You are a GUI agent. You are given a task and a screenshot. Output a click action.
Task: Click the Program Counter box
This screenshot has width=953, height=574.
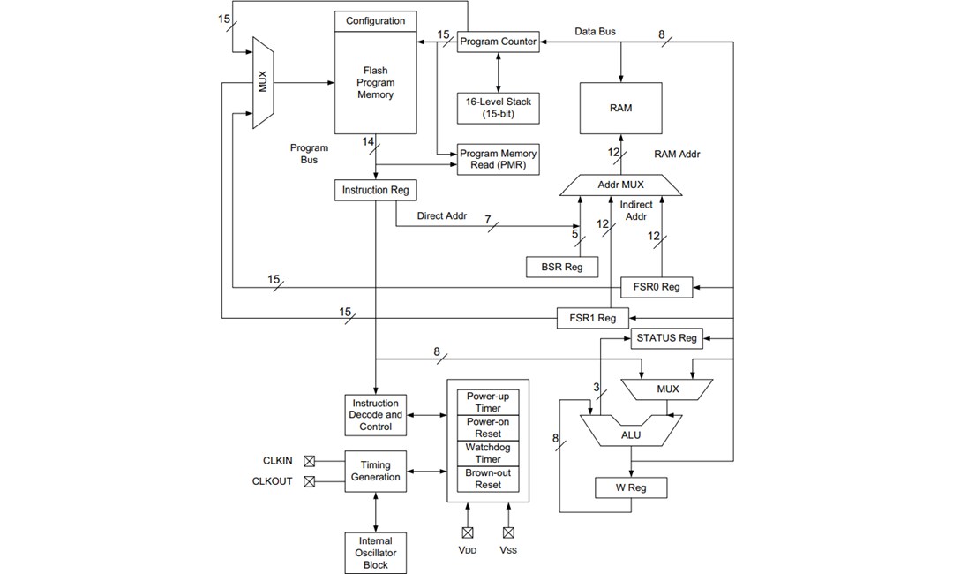coord(498,42)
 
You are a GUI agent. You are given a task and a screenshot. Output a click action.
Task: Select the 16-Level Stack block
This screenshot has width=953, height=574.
coord(499,108)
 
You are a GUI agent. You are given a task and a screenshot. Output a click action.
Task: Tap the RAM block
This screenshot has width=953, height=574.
coord(620,108)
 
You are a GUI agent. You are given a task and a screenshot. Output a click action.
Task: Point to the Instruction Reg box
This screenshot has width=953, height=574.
coord(375,190)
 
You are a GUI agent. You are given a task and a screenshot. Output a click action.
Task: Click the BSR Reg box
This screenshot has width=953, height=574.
coord(561,267)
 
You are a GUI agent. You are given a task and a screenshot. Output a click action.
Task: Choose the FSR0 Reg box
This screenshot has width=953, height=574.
coord(657,287)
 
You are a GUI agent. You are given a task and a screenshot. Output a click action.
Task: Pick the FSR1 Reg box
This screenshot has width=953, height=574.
coord(593,318)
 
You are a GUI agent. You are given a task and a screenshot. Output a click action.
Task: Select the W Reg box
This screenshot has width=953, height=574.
coord(630,487)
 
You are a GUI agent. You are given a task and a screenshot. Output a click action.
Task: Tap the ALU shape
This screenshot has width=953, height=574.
coord(630,434)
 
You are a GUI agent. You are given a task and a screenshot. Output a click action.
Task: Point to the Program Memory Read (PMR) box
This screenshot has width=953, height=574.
coord(498,159)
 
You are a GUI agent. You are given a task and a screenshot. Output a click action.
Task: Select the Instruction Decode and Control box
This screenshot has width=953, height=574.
coord(376,415)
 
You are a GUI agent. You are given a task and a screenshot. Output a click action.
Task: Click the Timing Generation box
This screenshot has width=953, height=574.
coord(376,472)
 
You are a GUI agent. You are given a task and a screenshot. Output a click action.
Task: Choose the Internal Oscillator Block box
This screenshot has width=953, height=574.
coord(376,553)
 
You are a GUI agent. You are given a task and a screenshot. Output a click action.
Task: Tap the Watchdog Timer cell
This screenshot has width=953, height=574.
coord(488,454)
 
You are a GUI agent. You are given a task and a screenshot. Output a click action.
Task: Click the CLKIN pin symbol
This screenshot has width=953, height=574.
coord(309,461)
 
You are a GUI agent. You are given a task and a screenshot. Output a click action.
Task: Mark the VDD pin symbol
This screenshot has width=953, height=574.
coord(468,532)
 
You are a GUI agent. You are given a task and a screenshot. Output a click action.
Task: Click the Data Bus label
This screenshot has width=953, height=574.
coord(596,32)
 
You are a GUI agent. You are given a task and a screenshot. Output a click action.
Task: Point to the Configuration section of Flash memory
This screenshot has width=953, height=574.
coord(376,21)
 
